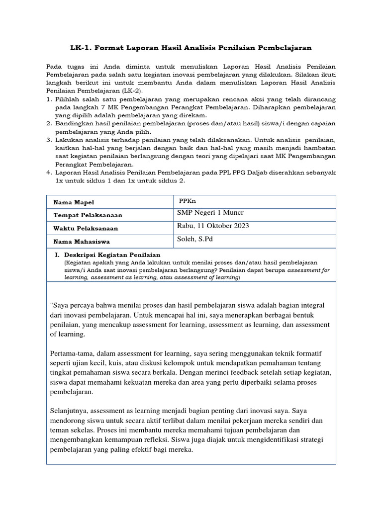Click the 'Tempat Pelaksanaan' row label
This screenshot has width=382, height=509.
click(89, 215)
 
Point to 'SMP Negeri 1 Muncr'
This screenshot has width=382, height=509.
click(210, 213)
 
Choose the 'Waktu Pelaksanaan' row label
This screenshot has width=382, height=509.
click(86, 228)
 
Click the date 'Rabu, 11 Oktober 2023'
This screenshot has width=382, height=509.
click(213, 226)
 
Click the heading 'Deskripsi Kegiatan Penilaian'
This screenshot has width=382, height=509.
click(112, 255)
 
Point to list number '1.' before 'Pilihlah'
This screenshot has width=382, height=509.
click(49, 99)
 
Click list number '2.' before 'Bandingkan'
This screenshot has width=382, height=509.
click(49, 123)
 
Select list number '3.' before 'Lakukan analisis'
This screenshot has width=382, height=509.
click(49, 140)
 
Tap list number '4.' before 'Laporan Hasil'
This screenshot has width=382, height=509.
click(49, 172)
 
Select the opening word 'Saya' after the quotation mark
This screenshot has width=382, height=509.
click(62, 305)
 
